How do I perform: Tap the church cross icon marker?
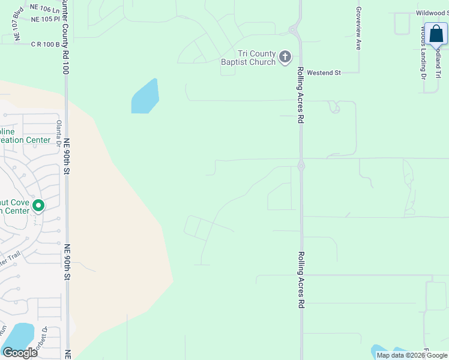285,58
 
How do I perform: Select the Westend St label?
324,73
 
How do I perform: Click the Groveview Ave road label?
358,28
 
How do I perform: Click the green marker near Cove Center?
38,206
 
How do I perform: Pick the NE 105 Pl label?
46,19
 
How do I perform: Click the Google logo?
20,352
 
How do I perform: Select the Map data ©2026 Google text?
411,355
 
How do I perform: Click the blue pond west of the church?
145,97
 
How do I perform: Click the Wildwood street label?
432,13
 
